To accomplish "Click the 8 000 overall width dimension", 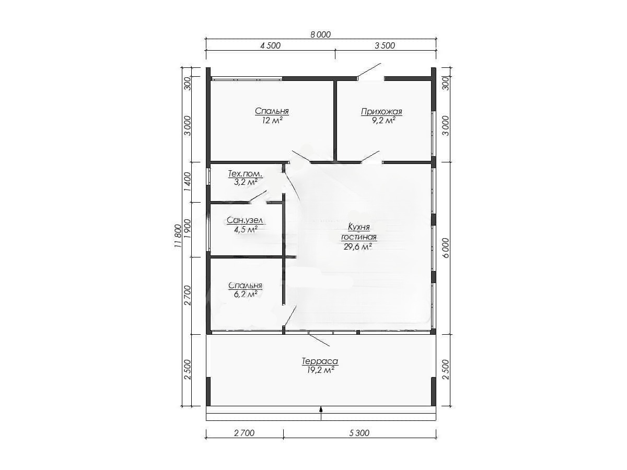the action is coord(320,34).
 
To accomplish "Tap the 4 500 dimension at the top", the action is coord(270,45).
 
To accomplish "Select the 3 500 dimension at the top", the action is coord(385,45).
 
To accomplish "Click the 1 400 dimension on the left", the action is coord(188,182).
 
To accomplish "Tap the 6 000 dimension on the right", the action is coord(446,248).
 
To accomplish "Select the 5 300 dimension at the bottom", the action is coord(359,433).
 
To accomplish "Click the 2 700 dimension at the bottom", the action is coord(244,433).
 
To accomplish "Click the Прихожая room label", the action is coord(381,112).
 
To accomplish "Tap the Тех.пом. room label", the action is coord(245,173).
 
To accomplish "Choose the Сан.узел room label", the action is coord(245,220).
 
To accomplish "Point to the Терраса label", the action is coord(320,361).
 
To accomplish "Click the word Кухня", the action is coord(359,227).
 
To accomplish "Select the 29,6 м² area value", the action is coord(357,246).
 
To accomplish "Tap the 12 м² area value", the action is coord(272,120).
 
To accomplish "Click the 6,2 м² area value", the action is coord(244,294).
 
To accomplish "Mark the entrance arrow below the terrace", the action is coord(321,413).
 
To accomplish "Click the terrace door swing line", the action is coord(319,340).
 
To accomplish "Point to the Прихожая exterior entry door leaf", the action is coord(369,70).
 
